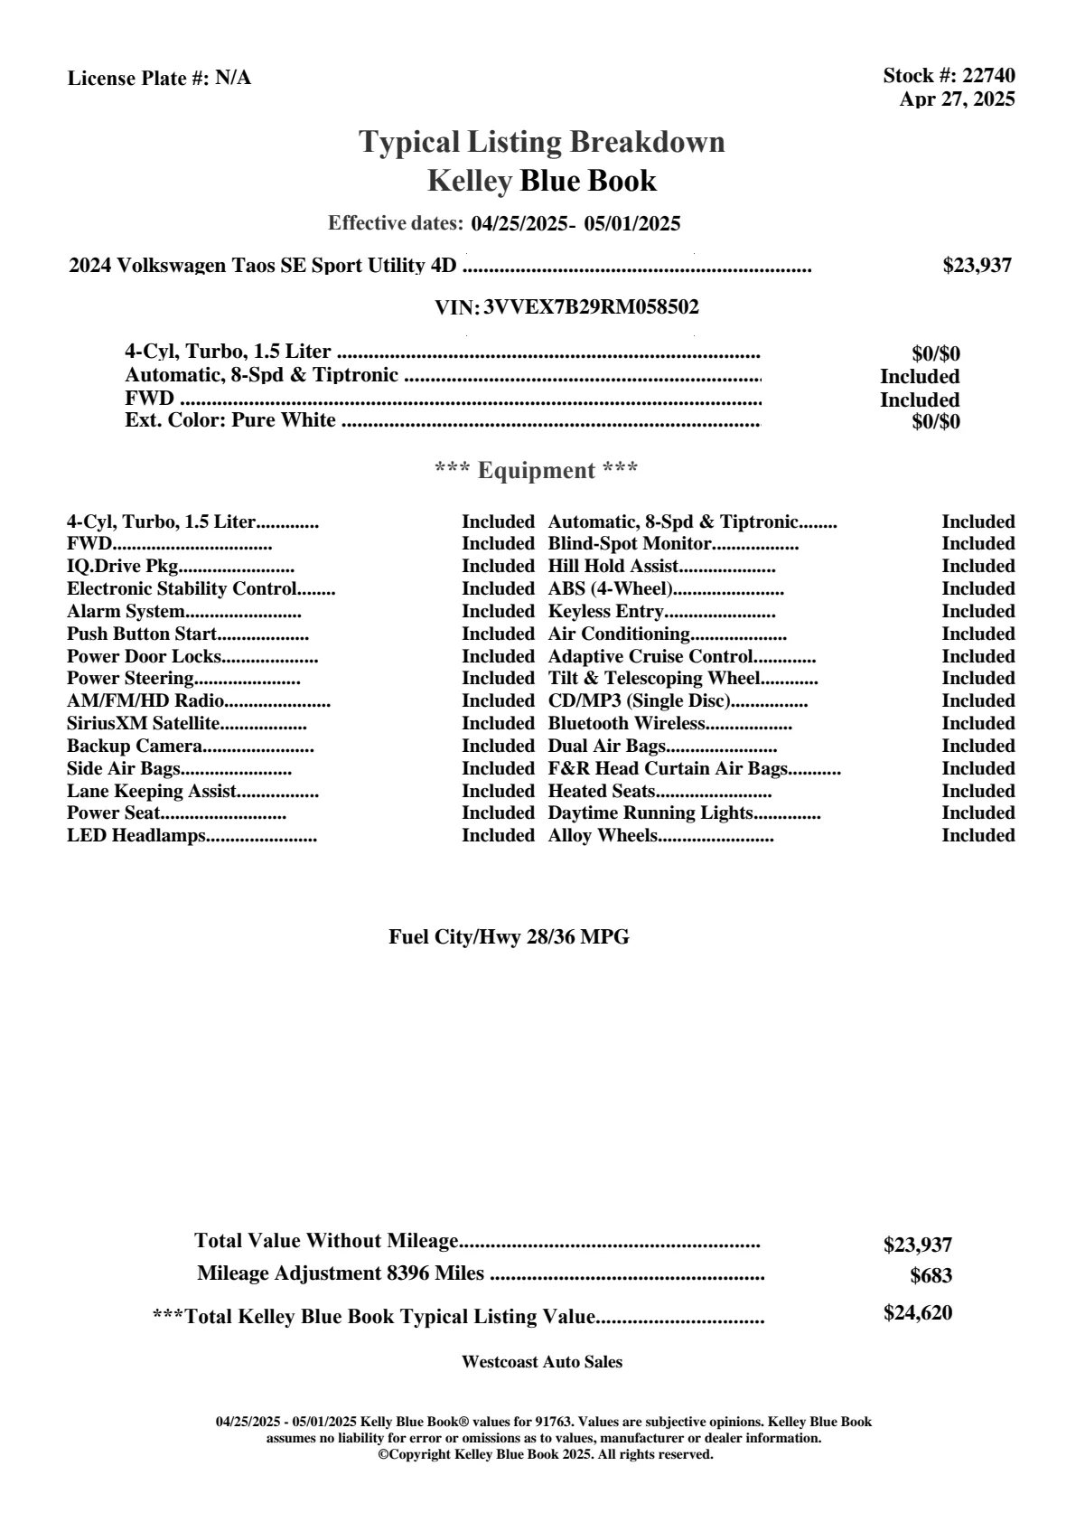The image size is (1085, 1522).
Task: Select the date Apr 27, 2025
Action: (957, 99)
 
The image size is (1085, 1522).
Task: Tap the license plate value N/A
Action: (233, 79)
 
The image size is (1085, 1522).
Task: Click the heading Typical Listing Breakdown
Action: (542, 142)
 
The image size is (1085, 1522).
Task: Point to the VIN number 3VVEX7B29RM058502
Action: (591, 307)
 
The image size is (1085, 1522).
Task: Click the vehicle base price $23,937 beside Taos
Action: (977, 266)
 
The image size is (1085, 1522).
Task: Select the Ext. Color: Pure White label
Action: (230, 420)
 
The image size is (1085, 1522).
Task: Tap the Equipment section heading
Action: (537, 471)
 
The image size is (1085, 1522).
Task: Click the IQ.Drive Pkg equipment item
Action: (122, 567)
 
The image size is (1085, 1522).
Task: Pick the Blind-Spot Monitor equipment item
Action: (630, 544)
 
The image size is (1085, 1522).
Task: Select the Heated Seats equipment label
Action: (602, 792)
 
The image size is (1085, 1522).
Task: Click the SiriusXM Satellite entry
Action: (144, 724)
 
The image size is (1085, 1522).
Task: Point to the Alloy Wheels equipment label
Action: (603, 836)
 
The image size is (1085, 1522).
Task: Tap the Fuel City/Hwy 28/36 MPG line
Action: (509, 937)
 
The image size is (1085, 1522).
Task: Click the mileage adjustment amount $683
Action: (931, 1277)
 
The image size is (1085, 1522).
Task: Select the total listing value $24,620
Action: (917, 1313)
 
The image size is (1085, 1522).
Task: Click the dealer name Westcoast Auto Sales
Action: (542, 1362)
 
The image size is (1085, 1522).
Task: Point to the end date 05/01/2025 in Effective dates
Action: (632, 224)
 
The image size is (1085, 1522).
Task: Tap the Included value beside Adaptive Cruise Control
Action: (977, 657)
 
